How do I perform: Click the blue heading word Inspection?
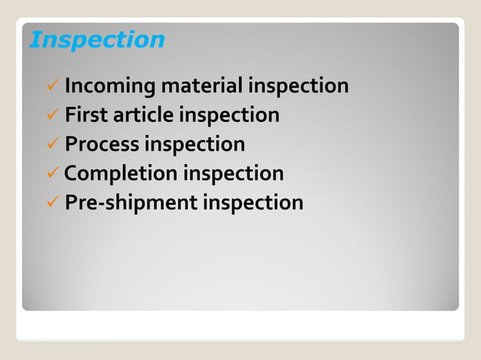click(97, 39)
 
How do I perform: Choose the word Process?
click(102, 144)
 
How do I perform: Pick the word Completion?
click(121, 174)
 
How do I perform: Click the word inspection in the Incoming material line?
click(299, 87)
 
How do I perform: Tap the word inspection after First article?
click(229, 115)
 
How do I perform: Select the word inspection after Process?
click(195, 144)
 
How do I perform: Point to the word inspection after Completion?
click(234, 174)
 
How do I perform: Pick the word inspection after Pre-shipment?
click(253, 203)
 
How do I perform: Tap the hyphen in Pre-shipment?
click(95, 203)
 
